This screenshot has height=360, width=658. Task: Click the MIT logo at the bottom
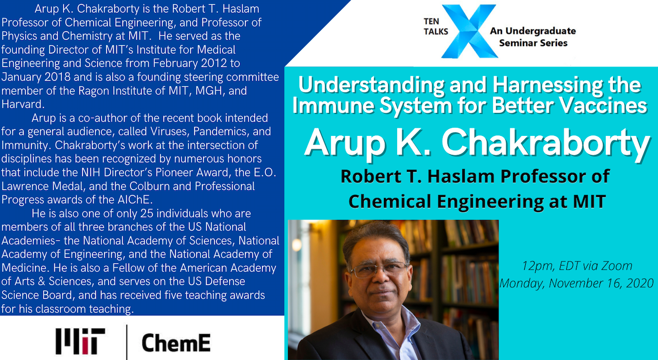tap(80, 341)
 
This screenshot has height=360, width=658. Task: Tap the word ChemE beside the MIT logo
tap(176, 343)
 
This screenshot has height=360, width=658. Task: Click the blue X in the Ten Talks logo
tap(469, 31)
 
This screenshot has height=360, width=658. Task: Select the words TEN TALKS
tap(436, 27)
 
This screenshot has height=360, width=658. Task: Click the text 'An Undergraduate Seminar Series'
tap(533, 37)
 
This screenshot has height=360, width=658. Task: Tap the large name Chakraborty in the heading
tap(545, 144)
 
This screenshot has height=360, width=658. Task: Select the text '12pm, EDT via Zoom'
tap(577, 266)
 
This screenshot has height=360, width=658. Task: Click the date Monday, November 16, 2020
tap(577, 283)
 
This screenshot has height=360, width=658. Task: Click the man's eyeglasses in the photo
tap(379, 269)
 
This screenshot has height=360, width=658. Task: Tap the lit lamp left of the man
tap(297, 245)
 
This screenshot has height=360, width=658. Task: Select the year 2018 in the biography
tap(57, 77)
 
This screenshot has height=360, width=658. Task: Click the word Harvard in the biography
tap(23, 104)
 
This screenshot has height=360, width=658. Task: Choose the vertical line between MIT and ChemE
tap(127, 342)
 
